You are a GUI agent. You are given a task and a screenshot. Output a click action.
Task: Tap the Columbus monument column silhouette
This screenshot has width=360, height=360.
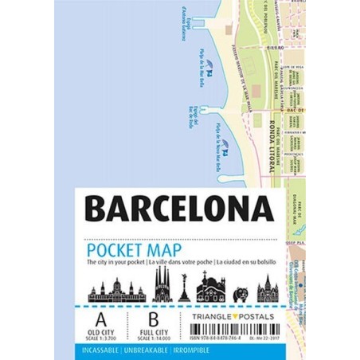tap(184, 288)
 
